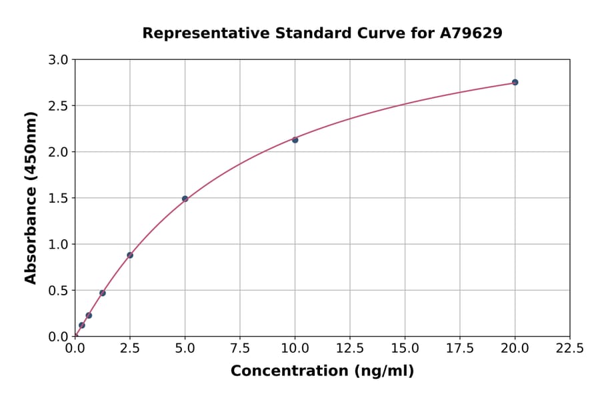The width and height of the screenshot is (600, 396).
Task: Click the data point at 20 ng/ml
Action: coord(515,82)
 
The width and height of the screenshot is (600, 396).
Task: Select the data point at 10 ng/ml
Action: coord(295,139)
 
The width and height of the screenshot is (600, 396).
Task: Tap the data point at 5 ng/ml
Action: coord(185,199)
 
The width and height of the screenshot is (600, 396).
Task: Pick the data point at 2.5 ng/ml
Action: coord(130,255)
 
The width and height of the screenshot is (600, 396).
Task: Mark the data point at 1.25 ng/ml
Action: coord(103,293)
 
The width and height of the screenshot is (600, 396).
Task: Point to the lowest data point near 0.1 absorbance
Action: coord(82,325)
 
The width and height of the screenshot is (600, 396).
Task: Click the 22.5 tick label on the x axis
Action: coord(569,348)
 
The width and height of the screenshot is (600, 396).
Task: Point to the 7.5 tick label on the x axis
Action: coord(240,348)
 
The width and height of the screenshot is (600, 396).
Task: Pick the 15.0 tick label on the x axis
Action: coord(405,348)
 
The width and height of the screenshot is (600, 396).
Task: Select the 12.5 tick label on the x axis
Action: coord(350,348)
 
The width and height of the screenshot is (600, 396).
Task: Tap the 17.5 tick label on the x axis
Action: coord(460,348)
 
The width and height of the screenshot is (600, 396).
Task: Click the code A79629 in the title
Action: coord(471,33)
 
